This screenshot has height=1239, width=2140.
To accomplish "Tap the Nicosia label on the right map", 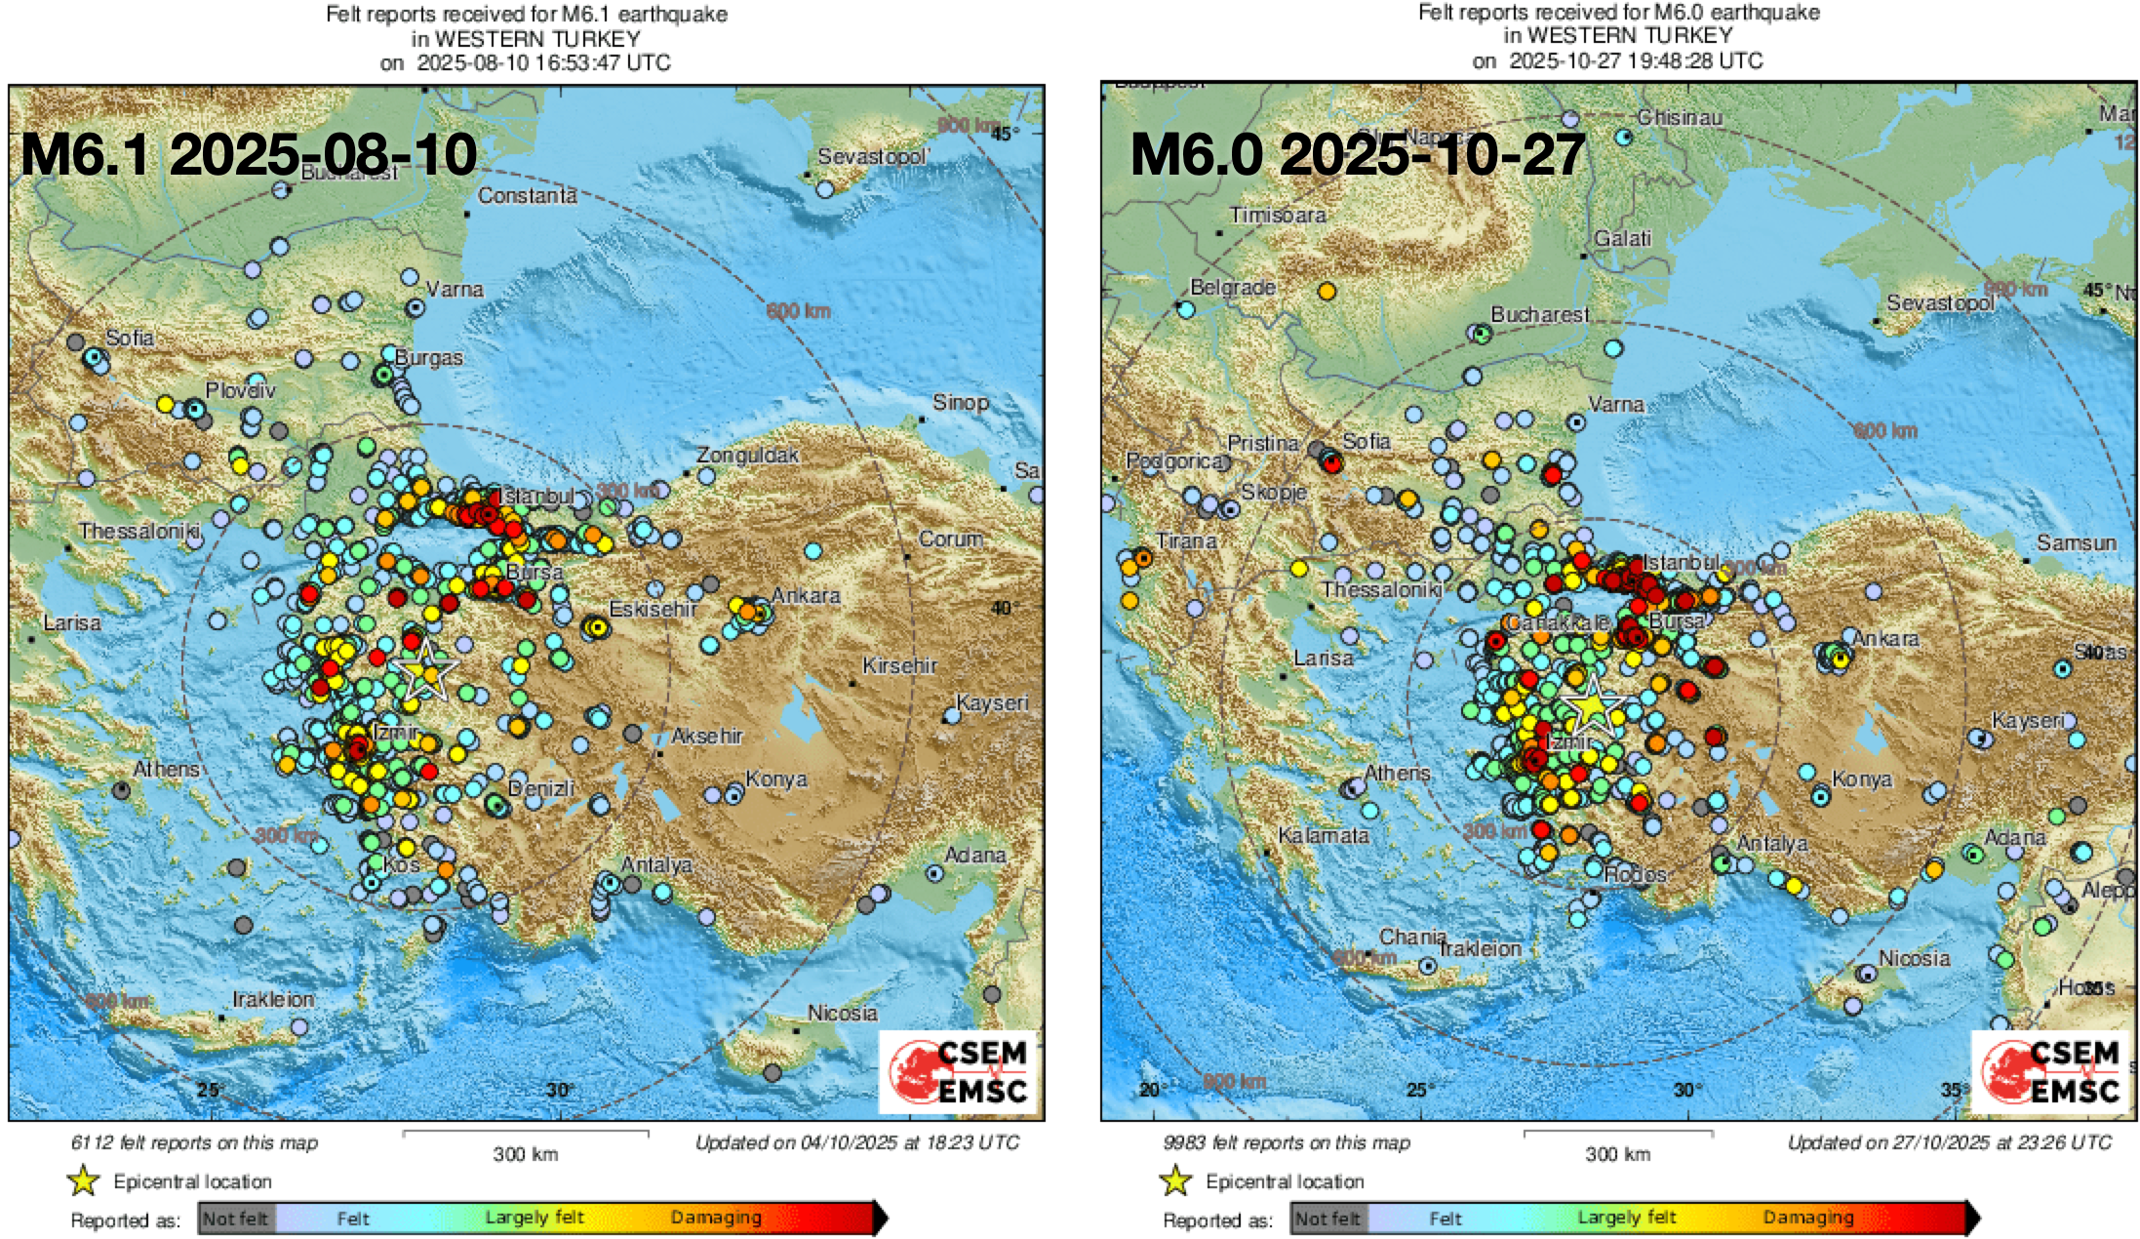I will click(1914, 959).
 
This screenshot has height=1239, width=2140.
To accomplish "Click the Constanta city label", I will click(527, 196).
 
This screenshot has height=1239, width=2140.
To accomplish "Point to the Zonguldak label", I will click(747, 455).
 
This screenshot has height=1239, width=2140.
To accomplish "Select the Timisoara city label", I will click(1277, 215).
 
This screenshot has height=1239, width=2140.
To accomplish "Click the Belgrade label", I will click(1233, 288).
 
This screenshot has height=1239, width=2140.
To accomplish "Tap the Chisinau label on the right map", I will click(1680, 118).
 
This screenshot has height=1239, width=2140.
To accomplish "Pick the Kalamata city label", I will click(1323, 836).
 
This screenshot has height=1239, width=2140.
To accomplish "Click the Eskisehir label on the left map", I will click(653, 610).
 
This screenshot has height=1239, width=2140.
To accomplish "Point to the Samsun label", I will click(2076, 543).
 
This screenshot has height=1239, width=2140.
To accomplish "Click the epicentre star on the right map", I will click(1591, 704).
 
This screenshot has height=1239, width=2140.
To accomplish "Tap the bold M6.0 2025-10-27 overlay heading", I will click(1357, 154).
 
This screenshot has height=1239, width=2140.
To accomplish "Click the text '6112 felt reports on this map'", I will click(194, 1142).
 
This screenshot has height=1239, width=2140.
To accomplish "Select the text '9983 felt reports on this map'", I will click(1287, 1142).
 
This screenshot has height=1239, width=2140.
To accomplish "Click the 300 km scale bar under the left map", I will click(526, 1135).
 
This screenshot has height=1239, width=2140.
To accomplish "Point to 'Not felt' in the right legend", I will click(1327, 1219).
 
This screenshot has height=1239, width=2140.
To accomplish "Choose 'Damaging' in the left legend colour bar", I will click(715, 1218).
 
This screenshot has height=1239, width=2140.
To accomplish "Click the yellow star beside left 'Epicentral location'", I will click(84, 1181).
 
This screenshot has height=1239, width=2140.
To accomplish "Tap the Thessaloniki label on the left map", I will click(139, 532).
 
